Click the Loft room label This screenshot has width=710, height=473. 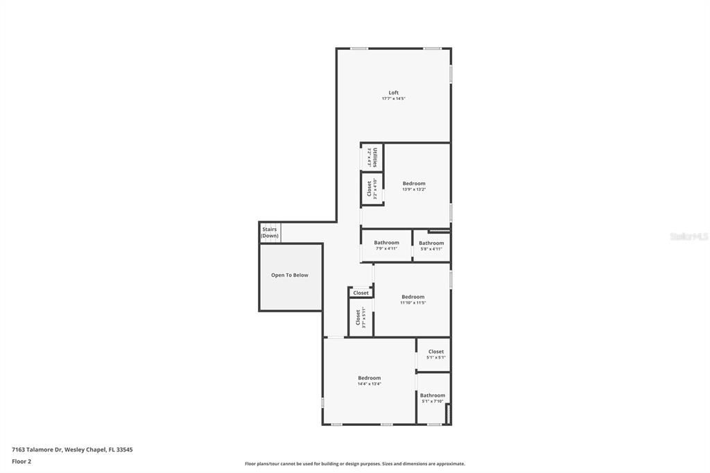coord(393,93)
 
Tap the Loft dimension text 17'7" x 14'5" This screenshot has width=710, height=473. coord(393,99)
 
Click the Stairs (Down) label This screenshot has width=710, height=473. coord(270,232)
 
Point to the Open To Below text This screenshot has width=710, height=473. coord(290,275)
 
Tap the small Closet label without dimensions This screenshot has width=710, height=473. coord(361,293)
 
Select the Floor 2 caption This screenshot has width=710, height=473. coord(21,461)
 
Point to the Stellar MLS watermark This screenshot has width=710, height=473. coord(689,237)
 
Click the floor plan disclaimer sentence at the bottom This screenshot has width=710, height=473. coord(355,464)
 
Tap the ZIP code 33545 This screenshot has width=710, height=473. coord(124,449)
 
